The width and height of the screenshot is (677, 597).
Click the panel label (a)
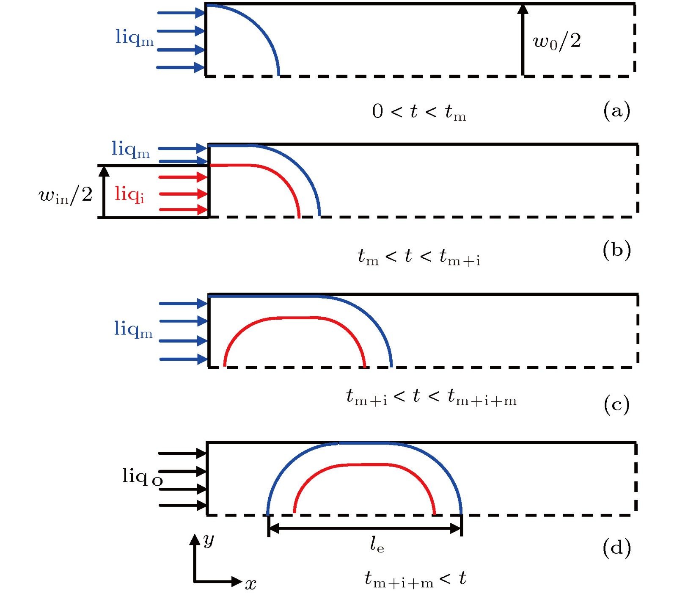[616, 111]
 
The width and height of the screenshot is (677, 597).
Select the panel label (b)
[616, 250]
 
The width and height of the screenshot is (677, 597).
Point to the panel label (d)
[616, 548]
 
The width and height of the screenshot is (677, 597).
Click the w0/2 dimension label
[557, 41]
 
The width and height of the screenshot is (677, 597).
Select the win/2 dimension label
[66, 195]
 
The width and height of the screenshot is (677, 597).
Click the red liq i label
[129, 194]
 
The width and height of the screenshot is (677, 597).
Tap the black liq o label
[142, 477]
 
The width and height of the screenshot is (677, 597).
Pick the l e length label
[377, 544]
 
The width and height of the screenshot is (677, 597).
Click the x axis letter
[250, 584]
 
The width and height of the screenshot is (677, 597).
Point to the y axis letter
[209, 540]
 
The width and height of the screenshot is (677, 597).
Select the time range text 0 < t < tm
[419, 112]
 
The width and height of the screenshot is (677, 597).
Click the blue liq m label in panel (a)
[134, 38]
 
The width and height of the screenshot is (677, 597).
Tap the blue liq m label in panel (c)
[133, 329]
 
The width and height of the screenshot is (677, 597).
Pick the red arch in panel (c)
[294, 318]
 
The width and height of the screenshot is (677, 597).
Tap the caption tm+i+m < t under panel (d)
[415, 579]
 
